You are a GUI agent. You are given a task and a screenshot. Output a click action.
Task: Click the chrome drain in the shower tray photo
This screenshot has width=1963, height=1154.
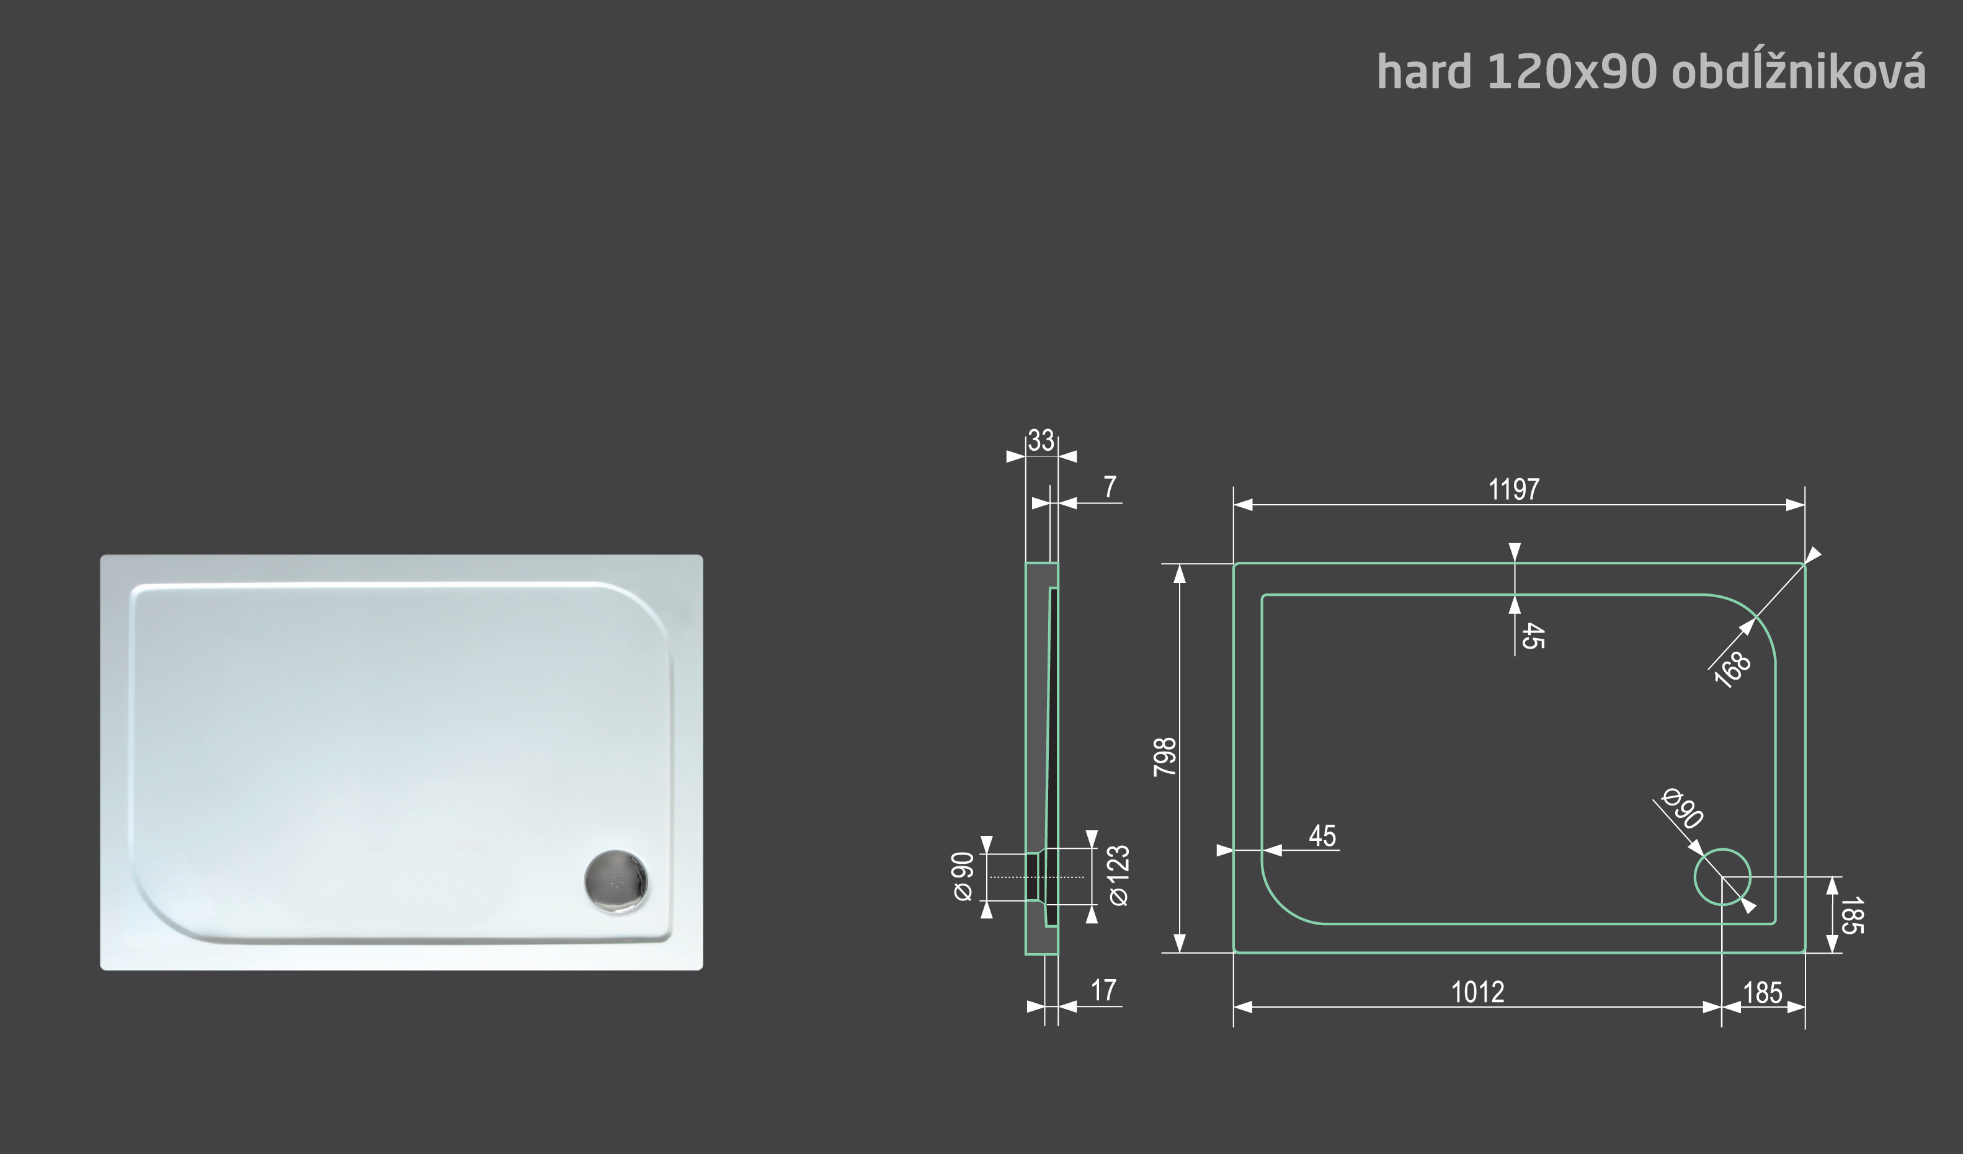(616, 881)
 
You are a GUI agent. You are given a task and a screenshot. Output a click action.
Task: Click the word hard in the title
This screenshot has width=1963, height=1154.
(1423, 73)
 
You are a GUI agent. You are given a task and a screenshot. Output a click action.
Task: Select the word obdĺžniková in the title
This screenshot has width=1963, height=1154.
(1798, 73)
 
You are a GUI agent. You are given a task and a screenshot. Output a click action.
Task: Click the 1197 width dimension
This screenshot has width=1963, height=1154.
(1513, 490)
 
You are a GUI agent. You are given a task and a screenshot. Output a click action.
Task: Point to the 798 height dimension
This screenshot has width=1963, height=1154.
(1165, 757)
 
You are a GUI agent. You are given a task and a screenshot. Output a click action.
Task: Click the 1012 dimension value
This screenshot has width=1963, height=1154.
(1478, 993)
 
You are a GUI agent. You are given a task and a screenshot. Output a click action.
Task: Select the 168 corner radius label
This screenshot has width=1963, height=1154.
(1733, 670)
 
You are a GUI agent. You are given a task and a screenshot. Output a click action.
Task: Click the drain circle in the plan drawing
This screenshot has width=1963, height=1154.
(1722, 877)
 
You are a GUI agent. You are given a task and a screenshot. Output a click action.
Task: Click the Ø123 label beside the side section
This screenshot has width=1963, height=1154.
(1119, 876)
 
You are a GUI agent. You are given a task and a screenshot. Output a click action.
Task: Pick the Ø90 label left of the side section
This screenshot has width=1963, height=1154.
(964, 877)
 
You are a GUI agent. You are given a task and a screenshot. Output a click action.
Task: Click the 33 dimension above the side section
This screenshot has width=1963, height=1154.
(1041, 441)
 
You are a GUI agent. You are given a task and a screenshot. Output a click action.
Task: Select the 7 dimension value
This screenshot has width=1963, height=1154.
(1110, 487)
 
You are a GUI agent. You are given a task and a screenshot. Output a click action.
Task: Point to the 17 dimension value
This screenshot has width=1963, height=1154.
(1103, 990)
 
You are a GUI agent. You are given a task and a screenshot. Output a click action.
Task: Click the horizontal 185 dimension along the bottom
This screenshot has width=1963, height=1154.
(1763, 993)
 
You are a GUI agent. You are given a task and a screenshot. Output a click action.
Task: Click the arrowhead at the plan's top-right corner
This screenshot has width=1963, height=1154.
(1814, 555)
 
